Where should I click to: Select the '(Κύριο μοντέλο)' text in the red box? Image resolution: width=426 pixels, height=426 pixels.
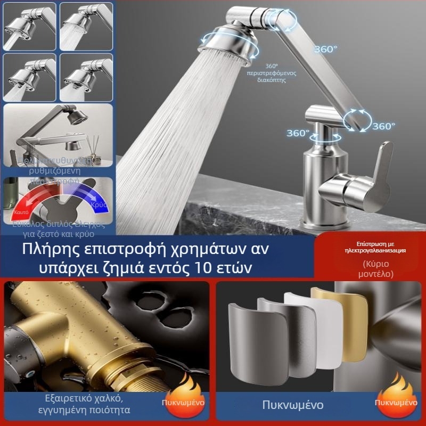point(376,268)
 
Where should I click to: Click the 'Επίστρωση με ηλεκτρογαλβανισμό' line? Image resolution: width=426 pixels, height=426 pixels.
point(376,247)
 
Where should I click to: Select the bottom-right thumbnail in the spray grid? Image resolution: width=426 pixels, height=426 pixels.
point(86,77)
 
